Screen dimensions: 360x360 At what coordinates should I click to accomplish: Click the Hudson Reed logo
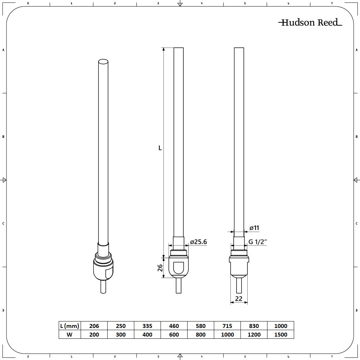coord(310,23)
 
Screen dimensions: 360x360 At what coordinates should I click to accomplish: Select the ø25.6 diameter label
coord(198,242)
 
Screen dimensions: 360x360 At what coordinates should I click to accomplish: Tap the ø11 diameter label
coord(254,228)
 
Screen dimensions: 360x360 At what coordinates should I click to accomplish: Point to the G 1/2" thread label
coord(258,242)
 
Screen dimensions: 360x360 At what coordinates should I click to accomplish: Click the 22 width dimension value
coord(239,298)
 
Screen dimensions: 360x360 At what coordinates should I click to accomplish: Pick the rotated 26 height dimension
coord(160,267)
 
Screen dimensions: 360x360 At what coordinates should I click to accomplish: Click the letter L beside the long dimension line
coord(160,148)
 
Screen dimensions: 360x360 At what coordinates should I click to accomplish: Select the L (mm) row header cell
coord(69,326)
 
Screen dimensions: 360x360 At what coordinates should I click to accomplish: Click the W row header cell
coord(69,334)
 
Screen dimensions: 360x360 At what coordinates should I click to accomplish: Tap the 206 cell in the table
coord(94,326)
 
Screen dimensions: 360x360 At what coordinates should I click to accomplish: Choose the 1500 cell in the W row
coord(281,334)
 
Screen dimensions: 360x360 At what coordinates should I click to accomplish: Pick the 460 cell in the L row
coord(174,326)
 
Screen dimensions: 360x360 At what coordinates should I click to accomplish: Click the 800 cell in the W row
coord(201,334)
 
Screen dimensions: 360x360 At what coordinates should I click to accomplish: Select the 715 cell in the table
coord(227,326)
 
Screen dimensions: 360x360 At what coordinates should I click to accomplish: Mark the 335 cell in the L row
coord(147,326)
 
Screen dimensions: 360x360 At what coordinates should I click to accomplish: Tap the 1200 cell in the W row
coord(254,334)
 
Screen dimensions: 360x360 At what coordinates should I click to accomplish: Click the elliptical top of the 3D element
coord(103,62)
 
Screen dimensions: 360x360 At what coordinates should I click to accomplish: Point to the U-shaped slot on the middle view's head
coord(179,268)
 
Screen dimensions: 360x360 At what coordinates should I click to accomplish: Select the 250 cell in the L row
coord(121,326)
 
